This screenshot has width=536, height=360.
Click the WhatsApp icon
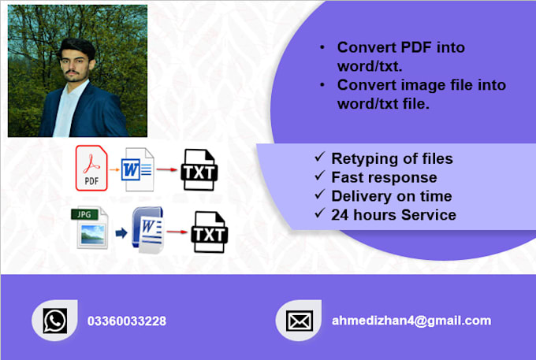click(54, 321)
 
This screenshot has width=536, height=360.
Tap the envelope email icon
click(299, 321)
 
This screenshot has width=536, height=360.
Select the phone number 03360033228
click(127, 321)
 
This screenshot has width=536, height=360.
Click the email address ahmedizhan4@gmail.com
click(411, 321)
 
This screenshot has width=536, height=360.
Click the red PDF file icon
click(91, 169)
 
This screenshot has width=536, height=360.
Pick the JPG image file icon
click(91, 228)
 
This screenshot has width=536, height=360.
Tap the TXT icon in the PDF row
click(199, 169)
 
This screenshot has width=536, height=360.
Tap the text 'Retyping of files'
click(392, 159)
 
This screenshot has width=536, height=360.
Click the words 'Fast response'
click(384, 177)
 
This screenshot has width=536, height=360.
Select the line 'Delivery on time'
click(392, 195)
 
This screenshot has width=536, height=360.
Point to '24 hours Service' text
click(393, 213)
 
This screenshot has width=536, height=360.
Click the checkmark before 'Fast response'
click(319, 177)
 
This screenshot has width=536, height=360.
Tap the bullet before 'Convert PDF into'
click(322, 48)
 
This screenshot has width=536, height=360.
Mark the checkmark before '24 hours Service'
click(319, 213)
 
